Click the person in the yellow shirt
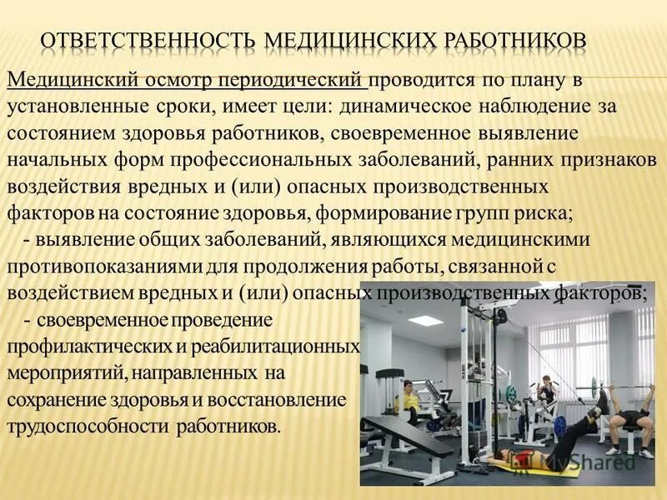click(409, 396)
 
